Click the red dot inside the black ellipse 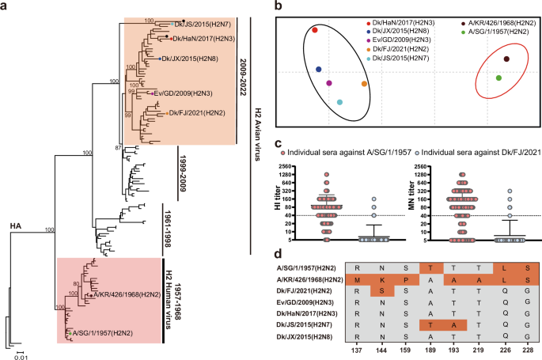click(314, 30)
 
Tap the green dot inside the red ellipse click(498, 78)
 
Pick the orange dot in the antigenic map click(364, 84)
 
